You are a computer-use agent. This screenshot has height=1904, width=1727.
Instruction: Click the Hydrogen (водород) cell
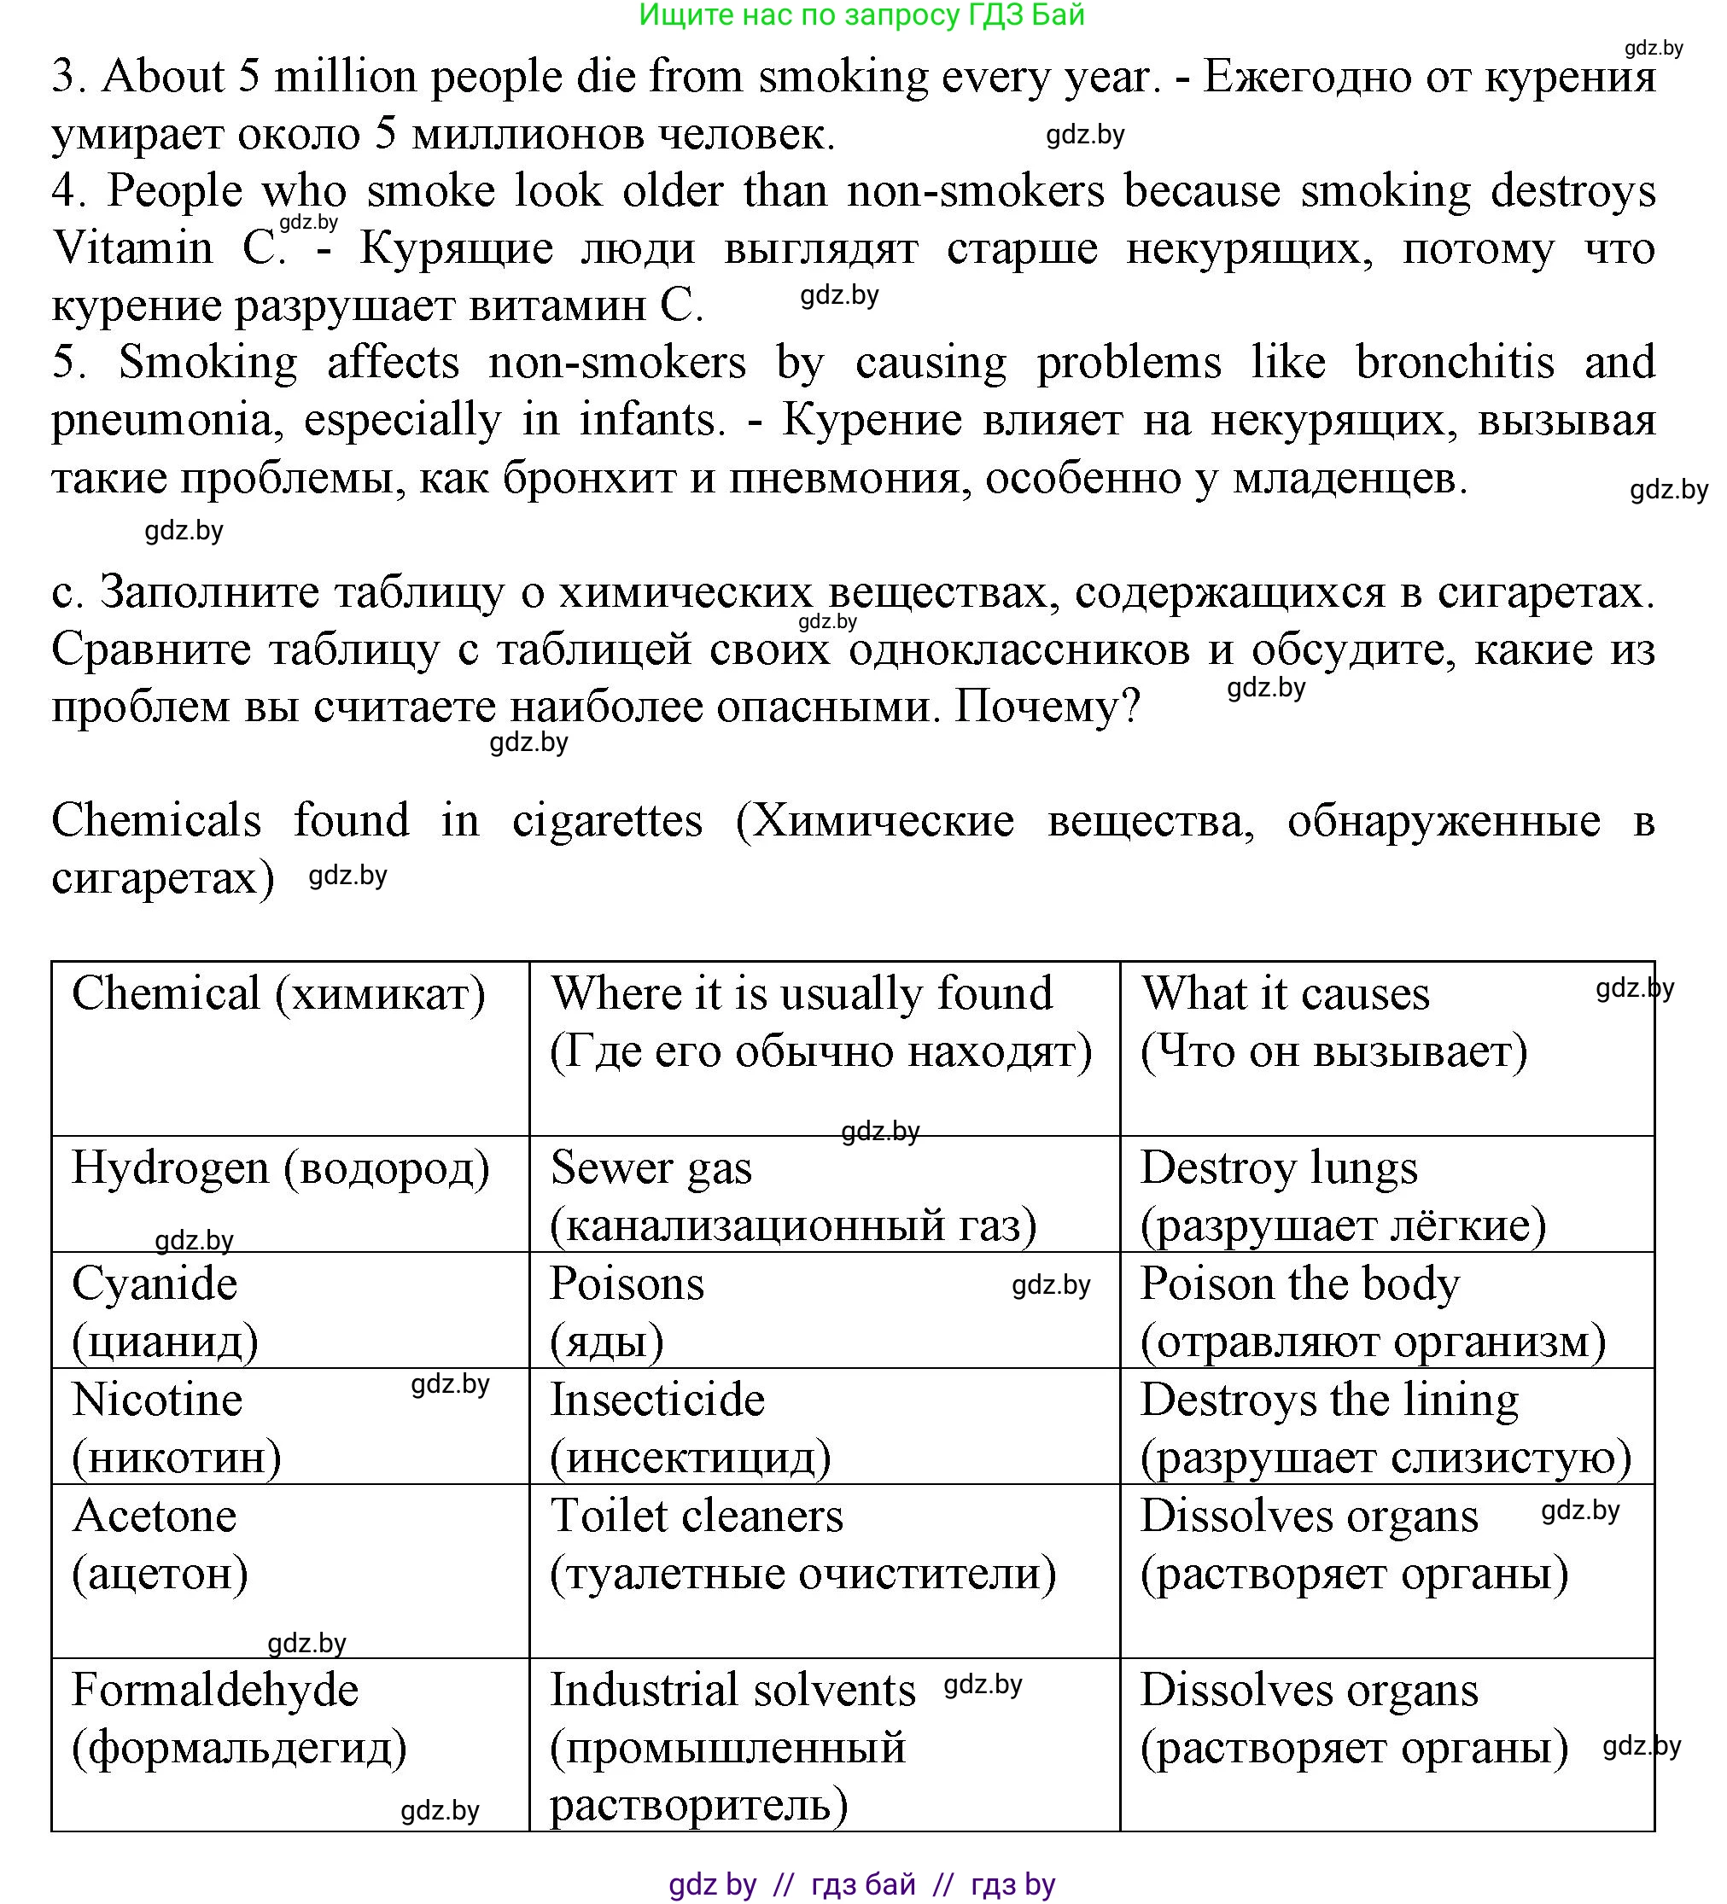click(x=281, y=1168)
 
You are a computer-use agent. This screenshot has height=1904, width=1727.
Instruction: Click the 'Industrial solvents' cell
click(x=733, y=1691)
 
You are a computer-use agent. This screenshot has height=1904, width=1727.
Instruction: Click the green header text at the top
click(x=861, y=15)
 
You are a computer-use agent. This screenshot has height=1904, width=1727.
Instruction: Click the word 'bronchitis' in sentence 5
click(x=1455, y=363)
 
